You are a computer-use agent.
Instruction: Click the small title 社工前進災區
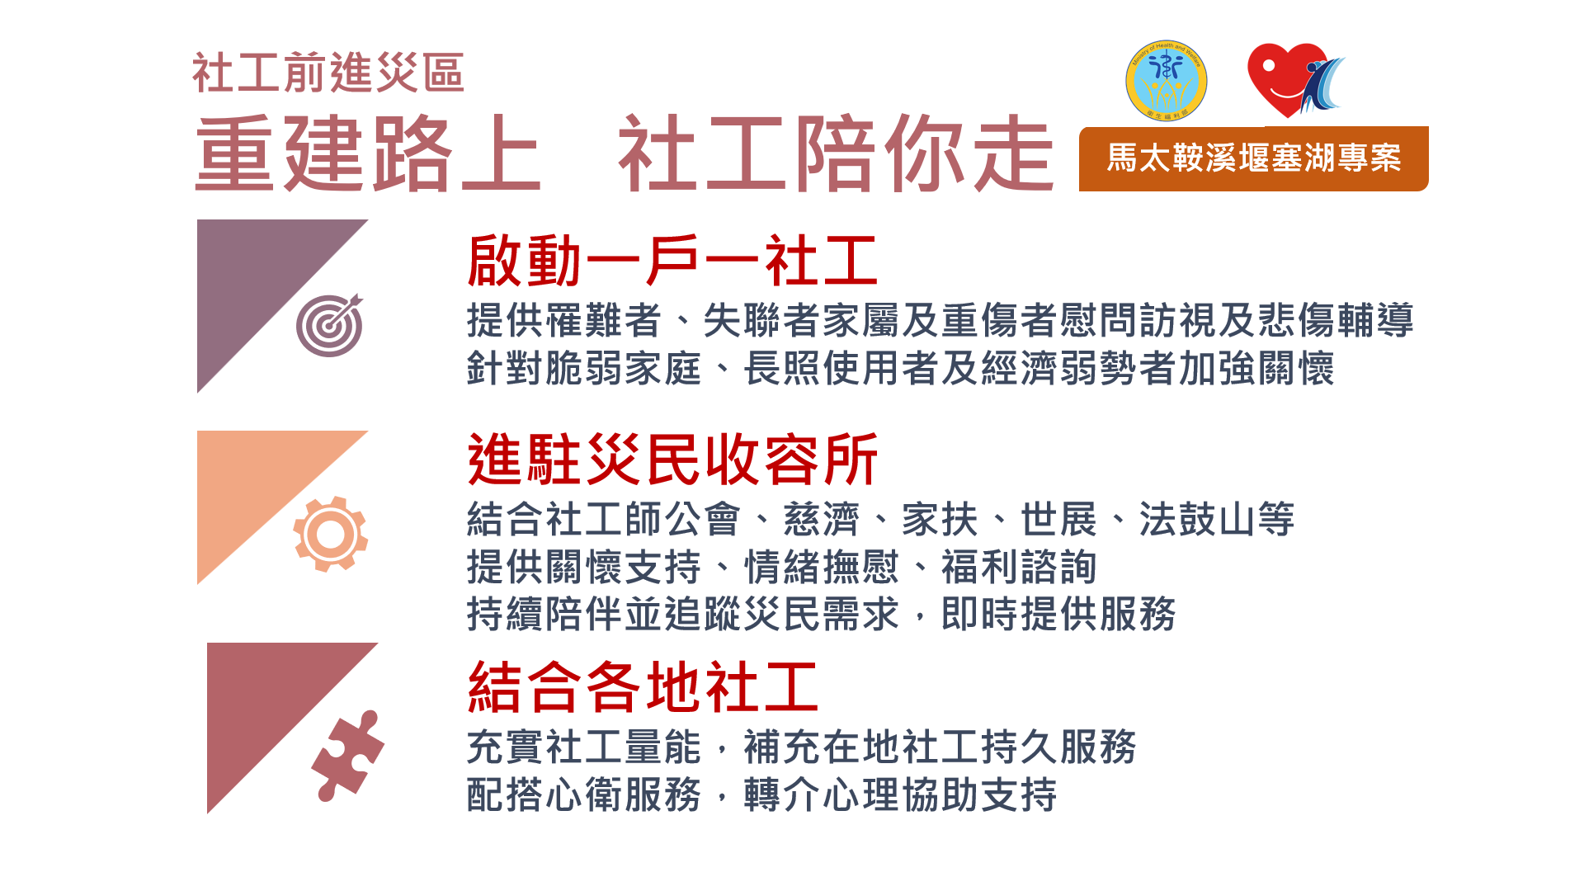[x=328, y=73]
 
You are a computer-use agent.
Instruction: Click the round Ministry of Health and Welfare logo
[x=1167, y=81]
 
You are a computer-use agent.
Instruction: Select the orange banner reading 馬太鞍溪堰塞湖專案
[x=1254, y=158]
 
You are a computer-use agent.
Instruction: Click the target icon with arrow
[x=330, y=325]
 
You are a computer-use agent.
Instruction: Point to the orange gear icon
[x=330, y=534]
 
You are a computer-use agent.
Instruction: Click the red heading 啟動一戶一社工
[x=672, y=261]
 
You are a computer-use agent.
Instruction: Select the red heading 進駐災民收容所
[x=672, y=460]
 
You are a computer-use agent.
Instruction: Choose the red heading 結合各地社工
[x=643, y=686]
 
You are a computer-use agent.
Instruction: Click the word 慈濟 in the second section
[x=821, y=520]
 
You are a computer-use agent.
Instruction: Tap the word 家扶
[x=940, y=520]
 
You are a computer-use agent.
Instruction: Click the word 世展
[x=1058, y=520]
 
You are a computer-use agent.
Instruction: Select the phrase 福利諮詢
[x=1019, y=568]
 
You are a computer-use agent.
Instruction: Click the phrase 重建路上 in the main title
[x=368, y=154]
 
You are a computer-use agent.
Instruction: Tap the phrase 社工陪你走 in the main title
[x=836, y=154]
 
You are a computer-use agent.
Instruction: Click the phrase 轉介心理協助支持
[x=900, y=794]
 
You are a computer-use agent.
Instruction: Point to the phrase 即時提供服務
[x=1058, y=615]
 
